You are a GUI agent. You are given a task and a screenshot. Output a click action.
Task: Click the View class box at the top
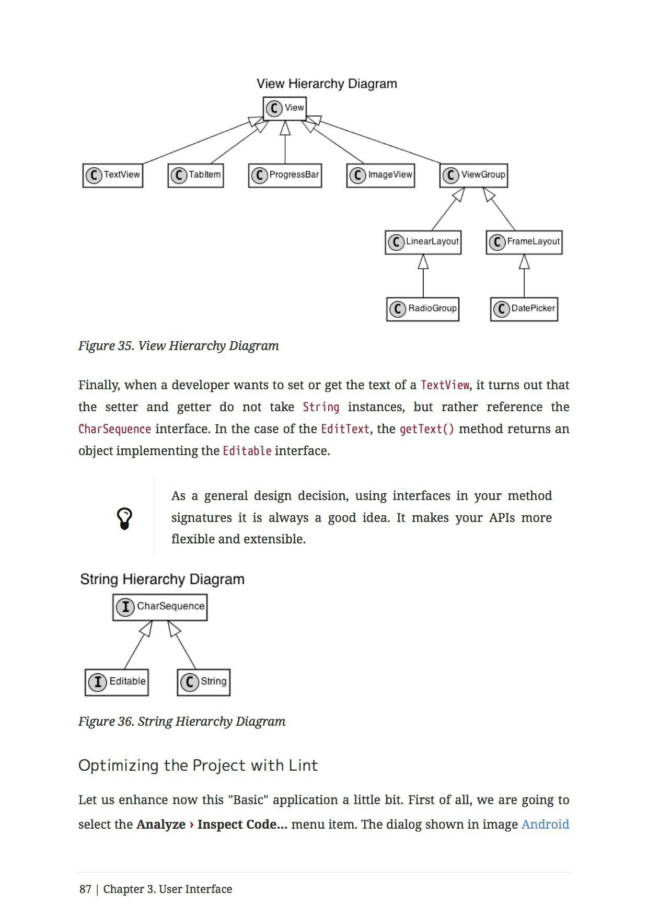pos(284,108)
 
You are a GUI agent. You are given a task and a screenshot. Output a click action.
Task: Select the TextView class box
pos(113,175)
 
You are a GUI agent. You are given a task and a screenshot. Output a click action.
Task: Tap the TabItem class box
pos(195,175)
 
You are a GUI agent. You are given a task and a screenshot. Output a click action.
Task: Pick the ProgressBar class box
pos(285,175)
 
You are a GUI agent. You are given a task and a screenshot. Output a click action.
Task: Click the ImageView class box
pos(380,175)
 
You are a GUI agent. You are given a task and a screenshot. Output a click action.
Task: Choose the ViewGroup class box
pos(473,175)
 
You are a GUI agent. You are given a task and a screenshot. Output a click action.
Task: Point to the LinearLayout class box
pos(423,242)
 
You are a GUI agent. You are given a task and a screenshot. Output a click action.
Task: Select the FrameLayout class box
pos(524,242)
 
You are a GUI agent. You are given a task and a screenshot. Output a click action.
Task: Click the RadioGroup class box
pos(423,309)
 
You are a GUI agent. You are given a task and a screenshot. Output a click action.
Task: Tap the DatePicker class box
pos(524,309)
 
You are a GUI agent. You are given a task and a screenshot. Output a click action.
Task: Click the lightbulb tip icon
pos(124,518)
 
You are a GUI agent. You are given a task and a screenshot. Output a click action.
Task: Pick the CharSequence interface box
pos(160,607)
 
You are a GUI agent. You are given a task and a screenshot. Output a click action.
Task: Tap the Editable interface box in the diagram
pos(117,682)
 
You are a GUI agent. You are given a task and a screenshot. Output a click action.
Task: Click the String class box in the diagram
pos(204,682)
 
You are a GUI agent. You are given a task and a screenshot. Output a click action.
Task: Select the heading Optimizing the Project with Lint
pos(198,766)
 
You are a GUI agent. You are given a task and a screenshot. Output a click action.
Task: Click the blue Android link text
pos(545,824)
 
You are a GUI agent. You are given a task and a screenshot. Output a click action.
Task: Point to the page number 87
pos(85,889)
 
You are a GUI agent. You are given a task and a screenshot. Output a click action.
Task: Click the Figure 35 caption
pos(178,346)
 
